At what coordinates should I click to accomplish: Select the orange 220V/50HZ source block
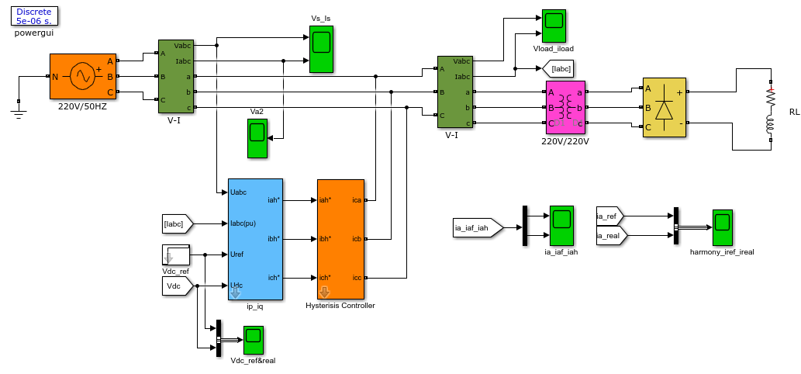[82, 76]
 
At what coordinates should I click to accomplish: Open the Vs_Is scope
[321, 50]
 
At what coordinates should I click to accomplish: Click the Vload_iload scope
[553, 26]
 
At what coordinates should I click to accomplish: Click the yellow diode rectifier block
[664, 108]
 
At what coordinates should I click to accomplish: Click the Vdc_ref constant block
[175, 255]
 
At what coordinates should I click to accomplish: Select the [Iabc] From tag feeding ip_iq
[176, 224]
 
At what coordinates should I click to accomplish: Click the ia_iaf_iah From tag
[475, 227]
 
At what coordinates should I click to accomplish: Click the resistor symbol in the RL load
[770, 98]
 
